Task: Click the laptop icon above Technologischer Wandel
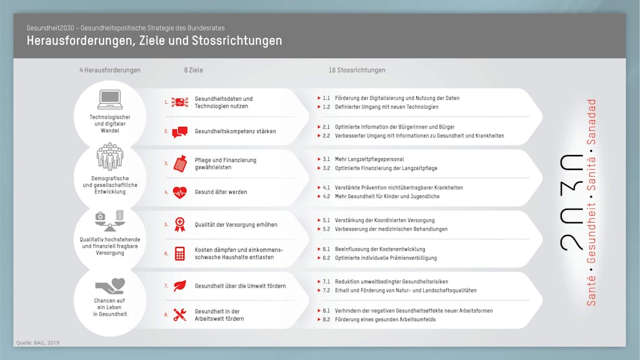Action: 109,99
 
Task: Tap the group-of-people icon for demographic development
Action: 109,157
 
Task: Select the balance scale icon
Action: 109,221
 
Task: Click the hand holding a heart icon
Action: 110,285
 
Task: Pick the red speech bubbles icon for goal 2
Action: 180,132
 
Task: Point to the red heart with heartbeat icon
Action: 180,192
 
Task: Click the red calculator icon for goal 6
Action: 180,253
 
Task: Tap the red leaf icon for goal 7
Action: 180,286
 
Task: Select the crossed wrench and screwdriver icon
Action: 180,315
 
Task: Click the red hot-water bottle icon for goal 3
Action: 180,164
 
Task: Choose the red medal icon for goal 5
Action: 180,224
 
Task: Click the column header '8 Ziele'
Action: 193,70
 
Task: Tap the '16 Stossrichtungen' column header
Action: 357,70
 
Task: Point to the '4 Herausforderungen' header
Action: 110,70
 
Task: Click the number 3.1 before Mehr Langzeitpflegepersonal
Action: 326,159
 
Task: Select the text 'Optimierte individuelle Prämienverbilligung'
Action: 386,258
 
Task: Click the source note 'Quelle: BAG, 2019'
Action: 37,342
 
